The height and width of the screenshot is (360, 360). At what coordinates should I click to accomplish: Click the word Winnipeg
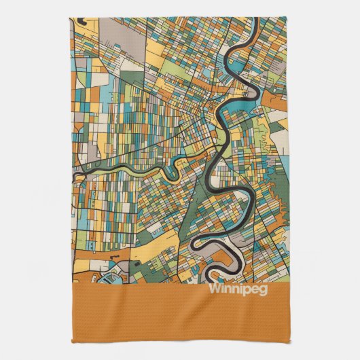click(238, 288)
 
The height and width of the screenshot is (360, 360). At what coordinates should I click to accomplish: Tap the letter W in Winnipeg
click(214, 287)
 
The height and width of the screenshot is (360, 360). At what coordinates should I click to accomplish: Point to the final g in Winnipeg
click(264, 289)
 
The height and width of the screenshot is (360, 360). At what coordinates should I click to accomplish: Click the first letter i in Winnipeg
click(221, 287)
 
